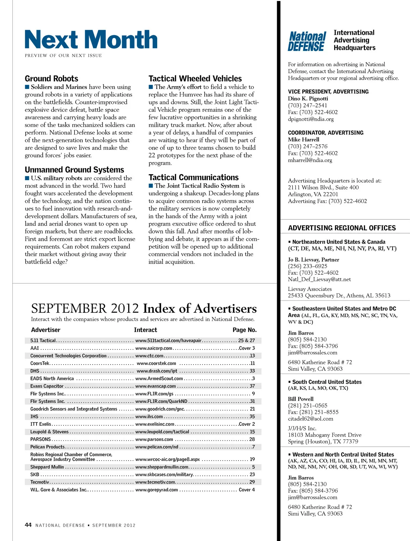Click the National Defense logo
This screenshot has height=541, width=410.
pos(306,41)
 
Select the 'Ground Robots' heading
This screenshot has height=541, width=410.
pos(51,79)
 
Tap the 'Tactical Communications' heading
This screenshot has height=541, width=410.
pos(193,177)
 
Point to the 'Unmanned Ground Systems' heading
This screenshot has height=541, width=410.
pos(74,170)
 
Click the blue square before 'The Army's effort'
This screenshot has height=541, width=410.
pos(151,87)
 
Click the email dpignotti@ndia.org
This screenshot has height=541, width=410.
pos(311,119)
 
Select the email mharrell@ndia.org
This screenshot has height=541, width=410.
pos(310,160)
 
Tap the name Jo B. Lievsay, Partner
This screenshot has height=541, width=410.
pos(313,260)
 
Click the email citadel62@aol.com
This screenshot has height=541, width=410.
pos(310,419)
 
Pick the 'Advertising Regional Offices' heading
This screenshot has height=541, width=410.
pos(342,228)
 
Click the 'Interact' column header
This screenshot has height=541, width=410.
pos(145,330)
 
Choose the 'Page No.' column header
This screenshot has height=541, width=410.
pos(244,330)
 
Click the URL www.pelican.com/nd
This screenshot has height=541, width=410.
pos(157,447)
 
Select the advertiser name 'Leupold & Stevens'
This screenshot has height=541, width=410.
pos(49,432)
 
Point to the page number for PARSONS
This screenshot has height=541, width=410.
pos(252,439)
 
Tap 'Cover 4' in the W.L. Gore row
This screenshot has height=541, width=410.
pos(247,490)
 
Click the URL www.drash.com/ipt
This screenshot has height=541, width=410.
pos(157,371)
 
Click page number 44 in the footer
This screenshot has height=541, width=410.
pos(28,525)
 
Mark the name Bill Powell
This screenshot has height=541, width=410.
pos(300,399)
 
